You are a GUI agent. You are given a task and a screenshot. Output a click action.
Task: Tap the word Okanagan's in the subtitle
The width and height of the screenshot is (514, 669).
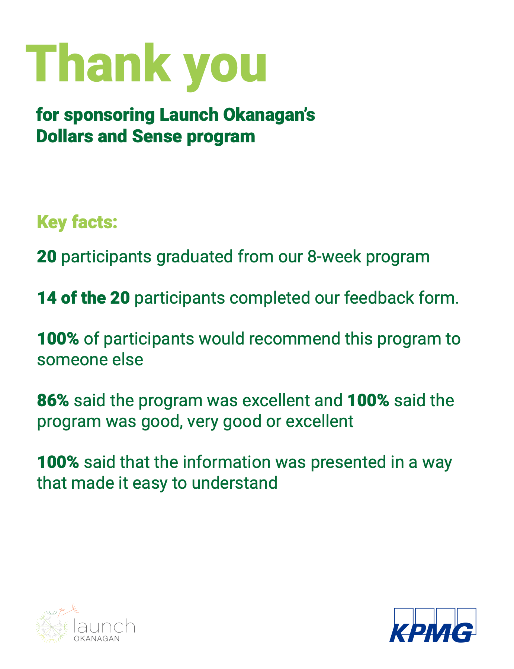269,115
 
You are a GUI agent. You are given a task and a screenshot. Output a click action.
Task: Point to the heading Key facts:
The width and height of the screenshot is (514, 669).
77,222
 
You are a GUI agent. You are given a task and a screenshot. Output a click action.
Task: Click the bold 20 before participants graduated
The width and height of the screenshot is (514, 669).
47,257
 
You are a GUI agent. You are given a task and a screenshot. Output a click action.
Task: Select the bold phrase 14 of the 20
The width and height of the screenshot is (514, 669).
83,298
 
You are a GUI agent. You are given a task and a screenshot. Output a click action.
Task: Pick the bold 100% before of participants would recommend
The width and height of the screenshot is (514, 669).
58,339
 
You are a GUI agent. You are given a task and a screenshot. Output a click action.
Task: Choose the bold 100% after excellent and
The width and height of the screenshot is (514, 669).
368,401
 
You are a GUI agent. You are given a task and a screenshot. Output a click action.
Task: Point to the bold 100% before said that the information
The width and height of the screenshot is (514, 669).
58,462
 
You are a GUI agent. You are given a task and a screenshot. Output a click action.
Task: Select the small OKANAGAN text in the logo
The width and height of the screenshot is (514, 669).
97,639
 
